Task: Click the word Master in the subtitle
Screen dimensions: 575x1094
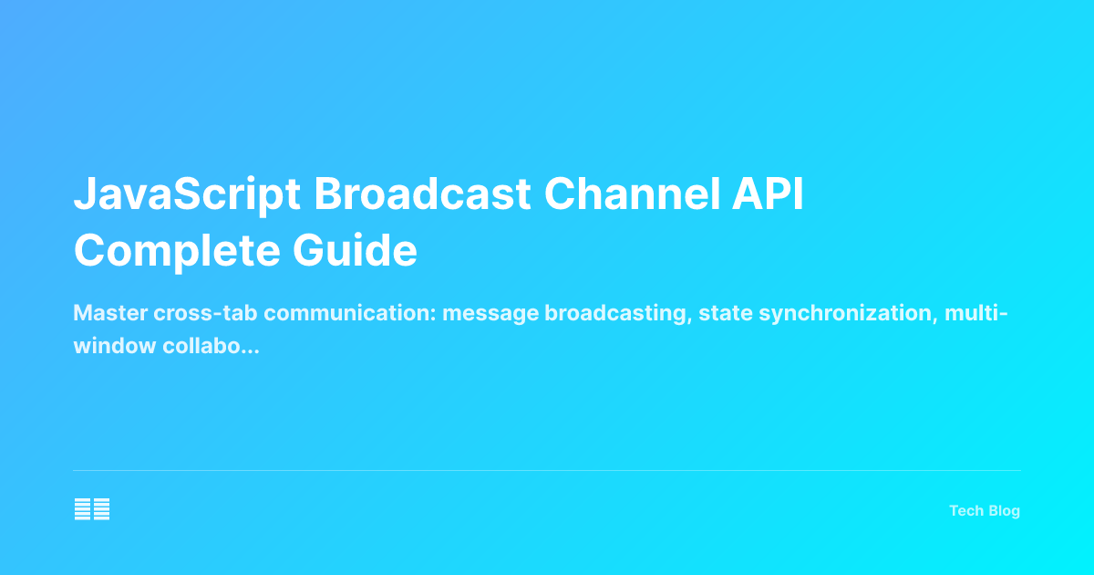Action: click(x=105, y=314)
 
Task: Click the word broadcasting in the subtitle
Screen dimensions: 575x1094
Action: click(x=614, y=314)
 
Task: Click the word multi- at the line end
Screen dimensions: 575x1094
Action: click(x=975, y=314)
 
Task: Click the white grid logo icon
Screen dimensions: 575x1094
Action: click(x=92, y=510)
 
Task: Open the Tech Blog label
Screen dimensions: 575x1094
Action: click(x=984, y=511)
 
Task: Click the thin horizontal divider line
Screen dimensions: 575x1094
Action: click(x=547, y=471)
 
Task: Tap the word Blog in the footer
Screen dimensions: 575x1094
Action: click(x=1002, y=511)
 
